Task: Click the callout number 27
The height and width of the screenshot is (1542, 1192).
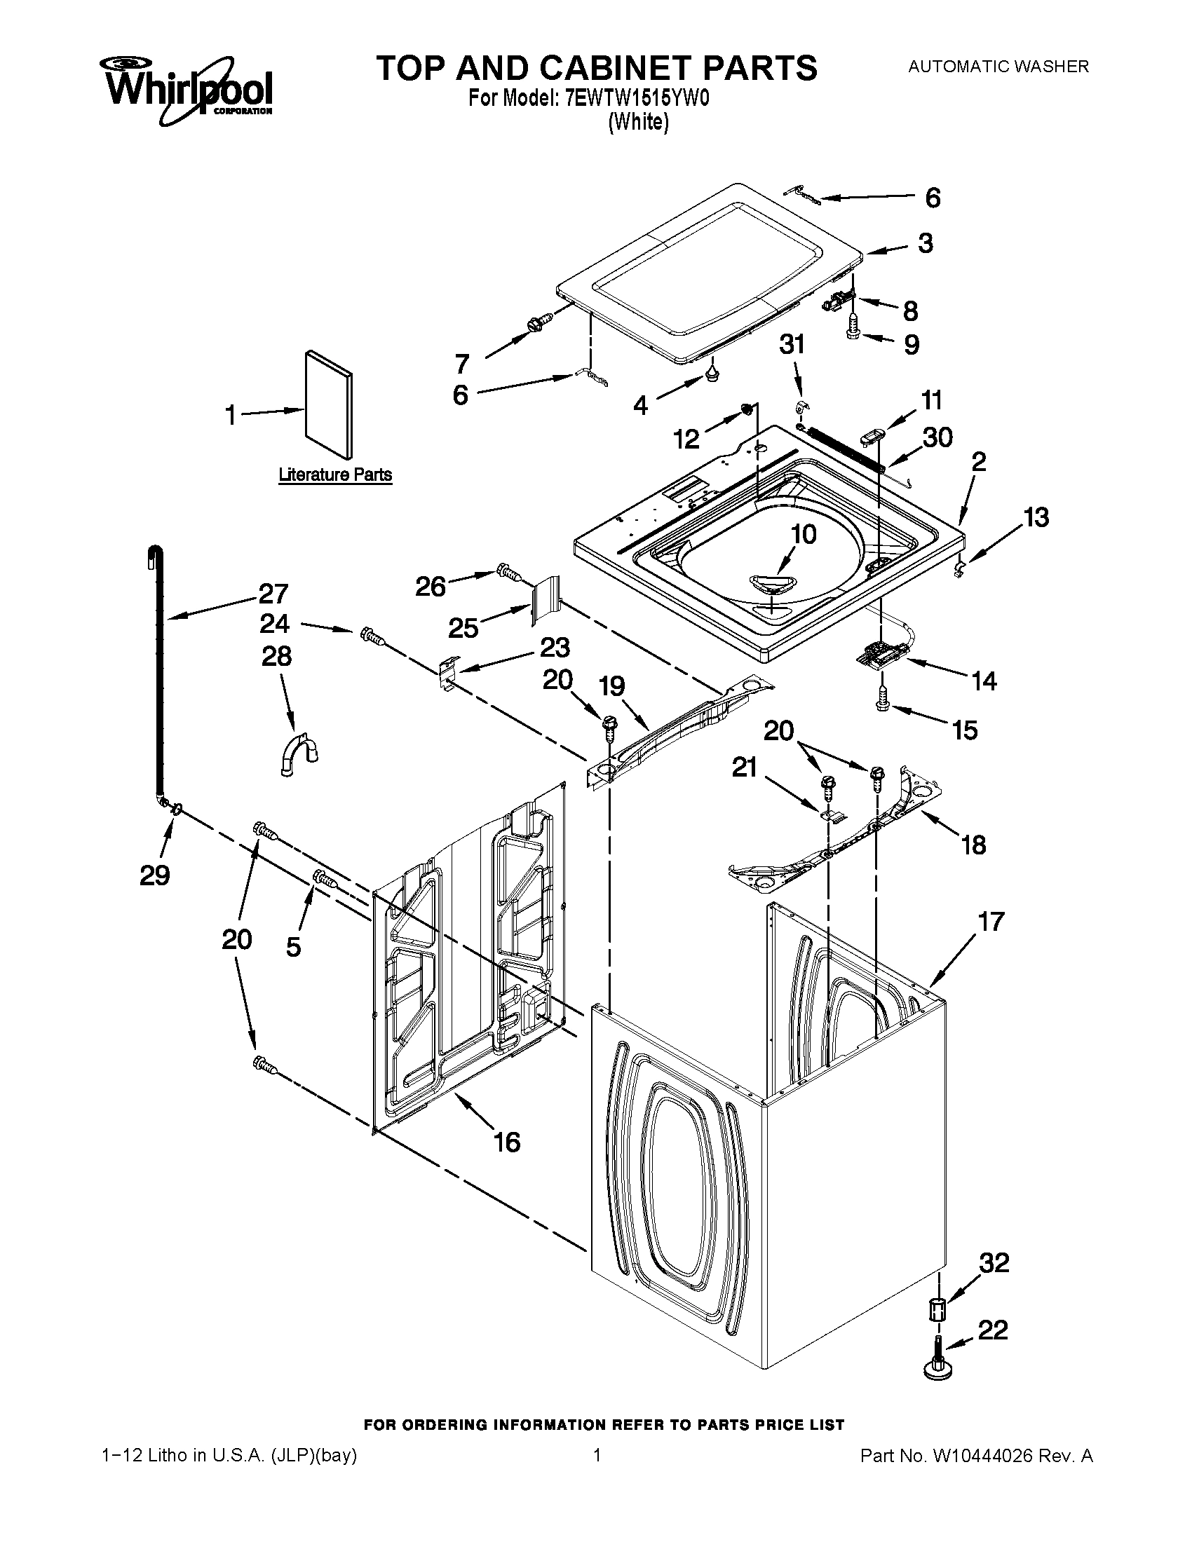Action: point(273,593)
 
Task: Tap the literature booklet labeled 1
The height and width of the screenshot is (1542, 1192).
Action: point(329,404)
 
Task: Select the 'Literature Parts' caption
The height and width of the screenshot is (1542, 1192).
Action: point(334,475)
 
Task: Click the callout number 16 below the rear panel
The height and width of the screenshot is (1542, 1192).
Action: point(506,1141)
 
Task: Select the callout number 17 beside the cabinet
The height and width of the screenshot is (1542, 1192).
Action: point(990,921)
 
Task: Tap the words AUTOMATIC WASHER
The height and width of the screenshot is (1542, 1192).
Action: point(998,67)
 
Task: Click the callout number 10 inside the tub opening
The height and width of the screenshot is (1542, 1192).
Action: point(803,534)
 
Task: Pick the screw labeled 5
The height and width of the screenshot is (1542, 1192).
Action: point(325,878)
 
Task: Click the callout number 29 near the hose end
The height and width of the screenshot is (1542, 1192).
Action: point(154,875)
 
